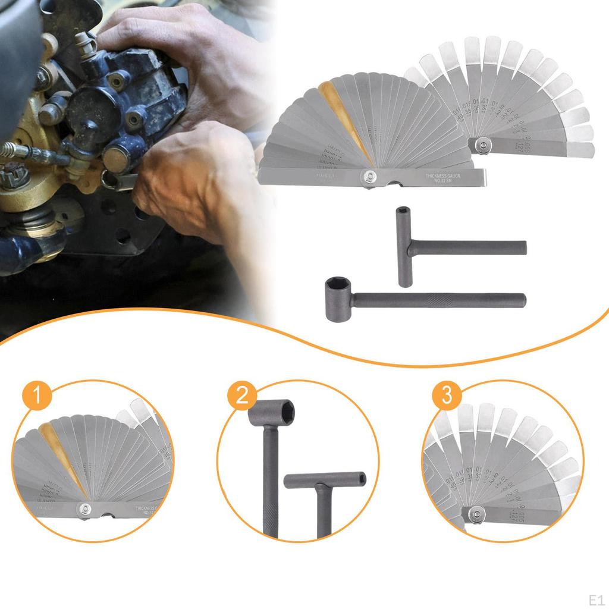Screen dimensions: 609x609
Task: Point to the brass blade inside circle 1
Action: tap(60, 452)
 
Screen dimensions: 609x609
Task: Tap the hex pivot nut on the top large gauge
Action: tap(369, 175)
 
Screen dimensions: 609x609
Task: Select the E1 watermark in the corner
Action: tap(595, 598)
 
